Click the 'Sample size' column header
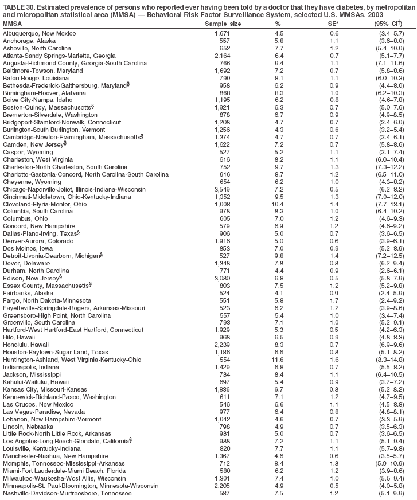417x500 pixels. pos(223,24)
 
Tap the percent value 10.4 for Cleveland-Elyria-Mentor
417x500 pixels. pos(278,204)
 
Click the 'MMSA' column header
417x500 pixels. pos(12,24)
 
